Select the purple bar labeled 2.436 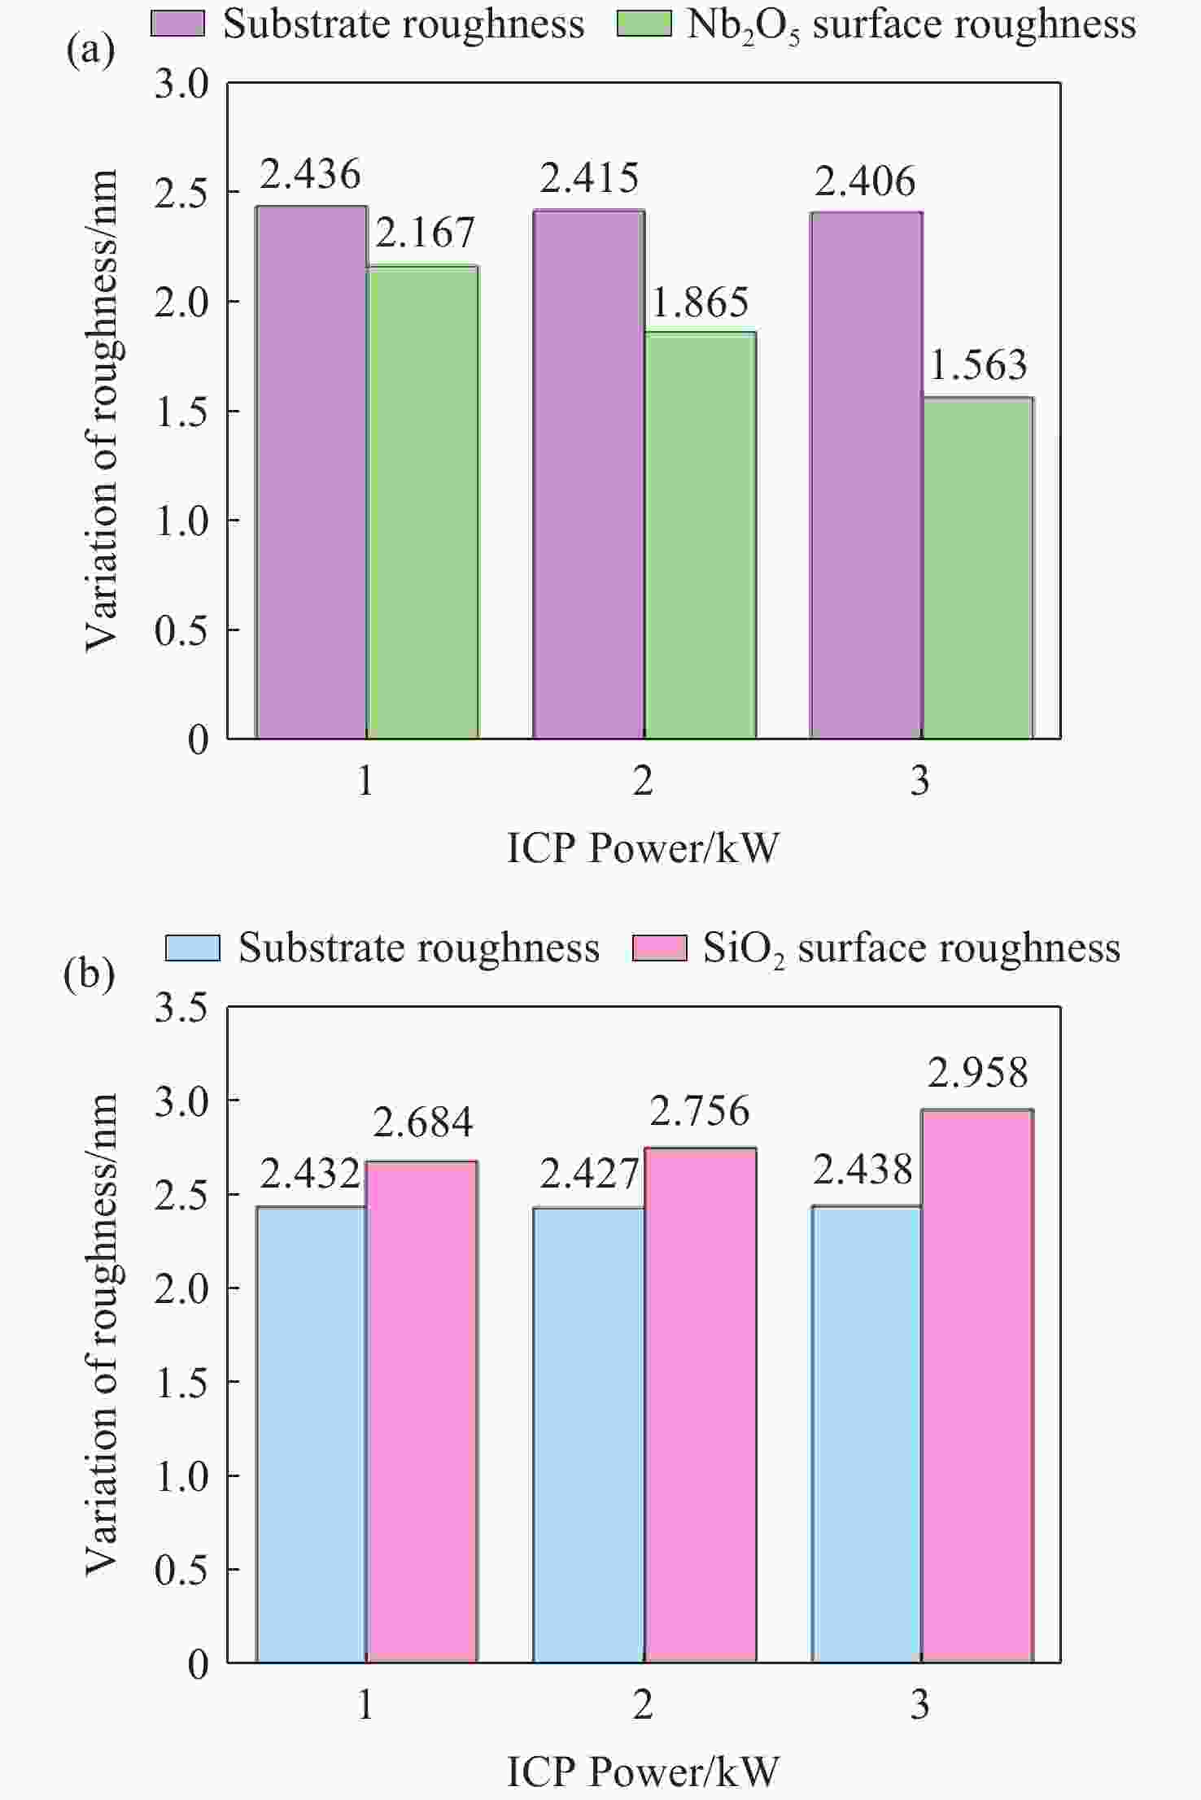[x=312, y=472]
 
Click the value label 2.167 [x=425, y=233]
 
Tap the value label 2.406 [x=865, y=181]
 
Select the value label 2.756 [x=700, y=1111]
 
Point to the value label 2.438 [x=863, y=1170]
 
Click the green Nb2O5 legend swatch [x=644, y=24]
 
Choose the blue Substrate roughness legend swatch [x=193, y=948]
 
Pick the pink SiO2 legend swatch [x=660, y=948]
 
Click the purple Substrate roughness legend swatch [x=178, y=24]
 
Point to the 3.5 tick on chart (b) [x=181, y=1008]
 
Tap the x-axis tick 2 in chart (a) [x=643, y=782]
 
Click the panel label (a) [x=90, y=50]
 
